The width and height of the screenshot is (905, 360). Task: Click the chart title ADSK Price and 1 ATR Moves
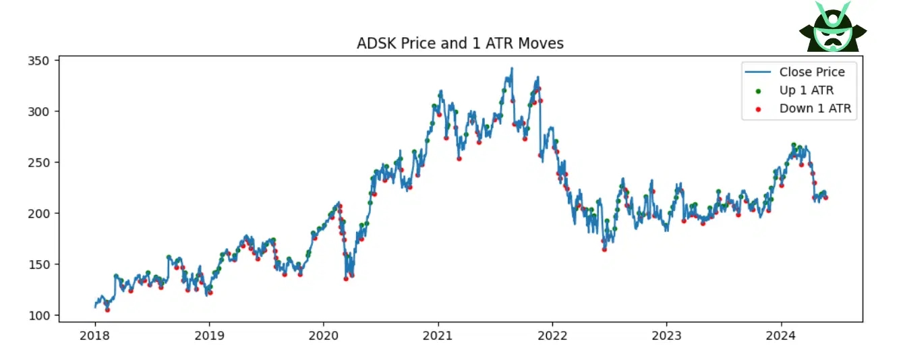[x=460, y=44]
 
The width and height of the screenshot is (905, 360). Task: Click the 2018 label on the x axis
[x=95, y=335]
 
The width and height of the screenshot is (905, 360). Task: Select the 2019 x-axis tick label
[x=209, y=335]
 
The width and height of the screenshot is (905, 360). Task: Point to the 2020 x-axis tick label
[x=324, y=335]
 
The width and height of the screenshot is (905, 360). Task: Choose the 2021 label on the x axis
[x=438, y=335]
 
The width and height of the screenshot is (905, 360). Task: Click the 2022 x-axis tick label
[x=552, y=335]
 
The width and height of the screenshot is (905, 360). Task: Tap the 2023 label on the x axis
[x=667, y=335]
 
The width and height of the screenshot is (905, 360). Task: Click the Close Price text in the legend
[x=812, y=72]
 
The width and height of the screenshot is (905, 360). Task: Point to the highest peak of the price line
[x=512, y=68]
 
